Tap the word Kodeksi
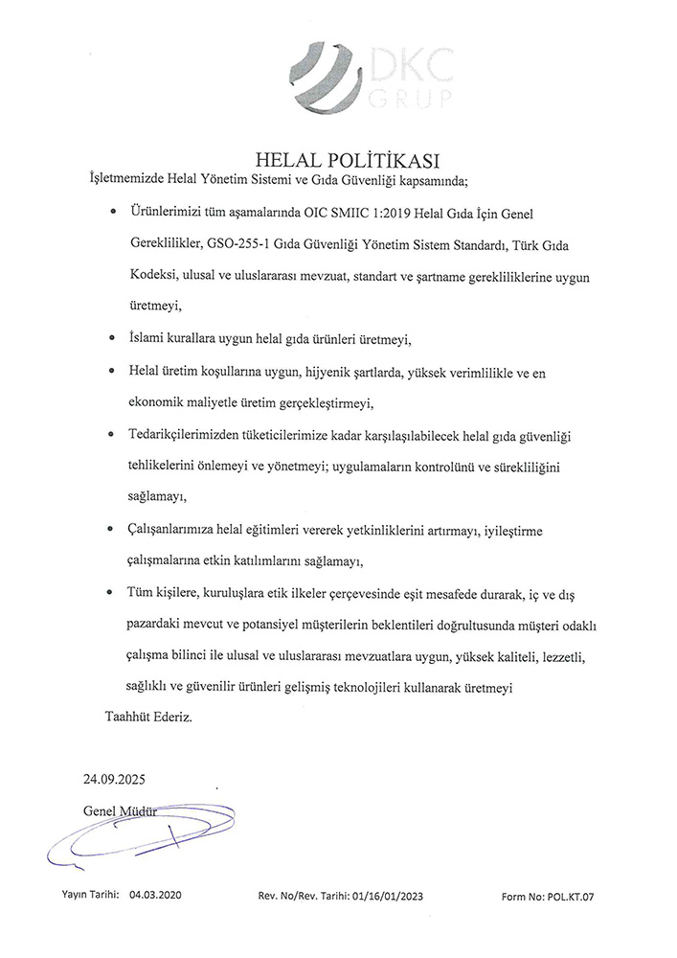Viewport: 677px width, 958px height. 153,278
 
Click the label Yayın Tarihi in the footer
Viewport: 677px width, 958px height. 90,894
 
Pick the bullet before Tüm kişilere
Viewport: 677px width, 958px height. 113,593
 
